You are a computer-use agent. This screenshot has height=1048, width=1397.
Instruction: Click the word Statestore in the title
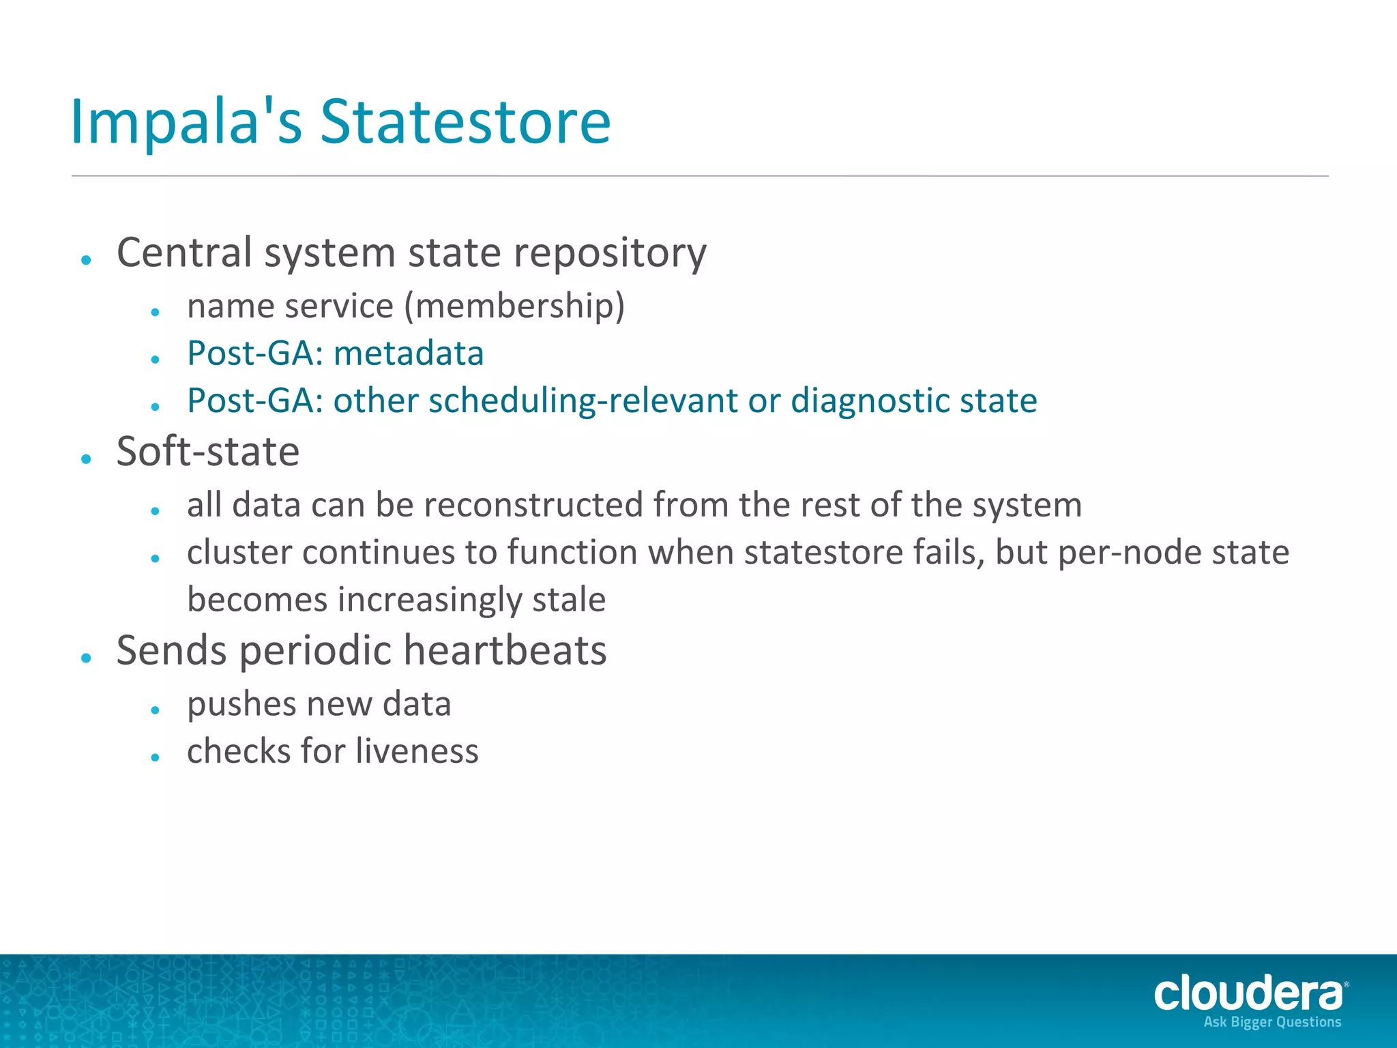tap(465, 123)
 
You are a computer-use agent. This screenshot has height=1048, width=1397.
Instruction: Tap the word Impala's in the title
tap(186, 123)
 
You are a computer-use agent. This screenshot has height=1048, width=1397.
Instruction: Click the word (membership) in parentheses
tap(514, 306)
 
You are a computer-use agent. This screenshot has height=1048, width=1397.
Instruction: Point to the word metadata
tap(409, 353)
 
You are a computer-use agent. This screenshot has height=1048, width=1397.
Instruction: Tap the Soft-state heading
tap(208, 452)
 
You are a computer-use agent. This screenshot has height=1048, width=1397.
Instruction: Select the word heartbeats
tap(505, 650)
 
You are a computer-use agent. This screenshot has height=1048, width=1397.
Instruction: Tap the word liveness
tap(417, 751)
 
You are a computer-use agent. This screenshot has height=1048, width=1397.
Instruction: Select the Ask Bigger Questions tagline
tap(1272, 1022)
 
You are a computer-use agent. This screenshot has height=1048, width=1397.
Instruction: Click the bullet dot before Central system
tap(86, 260)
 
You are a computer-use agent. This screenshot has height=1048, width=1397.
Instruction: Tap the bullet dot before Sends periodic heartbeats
tap(86, 658)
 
